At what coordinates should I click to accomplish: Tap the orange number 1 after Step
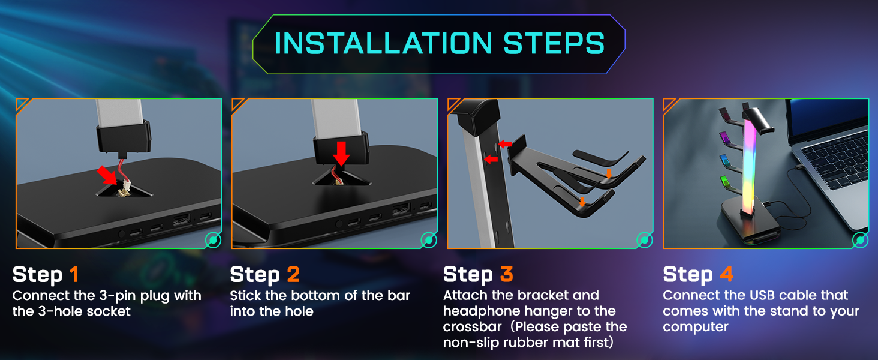pyautogui.click(x=74, y=275)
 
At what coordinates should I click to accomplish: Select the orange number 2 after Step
pyautogui.click(x=293, y=275)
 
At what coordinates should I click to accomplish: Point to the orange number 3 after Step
pyautogui.click(x=506, y=275)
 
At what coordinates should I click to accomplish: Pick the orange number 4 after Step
pyautogui.click(x=726, y=275)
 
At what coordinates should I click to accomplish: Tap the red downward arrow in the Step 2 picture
pyautogui.click(x=341, y=152)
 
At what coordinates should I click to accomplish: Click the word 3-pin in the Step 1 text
pyautogui.click(x=113, y=296)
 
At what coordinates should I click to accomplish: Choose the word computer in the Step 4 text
pyautogui.click(x=696, y=327)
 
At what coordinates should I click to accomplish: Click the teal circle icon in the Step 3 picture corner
pyautogui.click(x=644, y=240)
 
